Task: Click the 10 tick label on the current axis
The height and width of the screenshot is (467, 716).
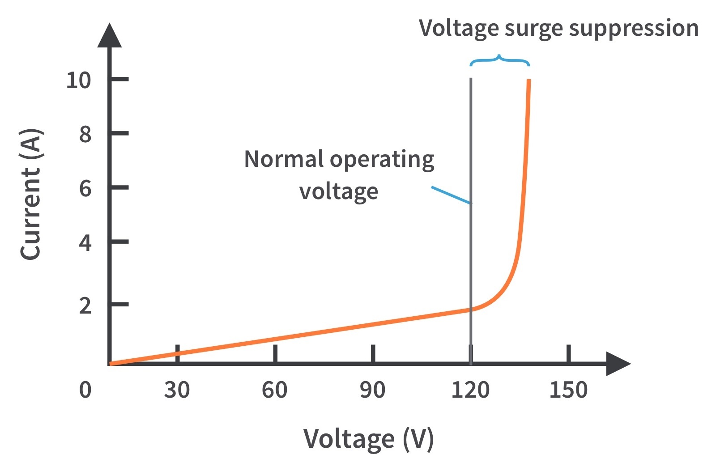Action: [78, 81]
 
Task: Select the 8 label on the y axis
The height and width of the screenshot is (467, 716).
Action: [85, 134]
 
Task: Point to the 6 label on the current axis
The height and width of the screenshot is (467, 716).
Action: [85, 188]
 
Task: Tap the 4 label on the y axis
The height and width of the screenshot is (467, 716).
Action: [85, 242]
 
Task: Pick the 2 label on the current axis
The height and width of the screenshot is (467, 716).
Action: [85, 306]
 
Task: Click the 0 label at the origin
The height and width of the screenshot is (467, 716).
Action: [85, 390]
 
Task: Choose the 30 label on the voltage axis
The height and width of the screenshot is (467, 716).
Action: [177, 390]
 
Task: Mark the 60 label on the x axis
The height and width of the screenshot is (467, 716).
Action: [274, 390]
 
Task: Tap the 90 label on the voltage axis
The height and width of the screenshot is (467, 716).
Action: [372, 390]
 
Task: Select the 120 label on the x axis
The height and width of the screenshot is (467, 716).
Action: [470, 390]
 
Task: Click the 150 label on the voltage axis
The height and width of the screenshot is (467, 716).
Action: [568, 390]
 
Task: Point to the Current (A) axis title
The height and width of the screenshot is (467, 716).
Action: [31, 194]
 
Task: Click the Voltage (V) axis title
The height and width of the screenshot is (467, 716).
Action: [368, 439]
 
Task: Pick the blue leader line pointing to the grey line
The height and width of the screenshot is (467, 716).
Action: [451, 195]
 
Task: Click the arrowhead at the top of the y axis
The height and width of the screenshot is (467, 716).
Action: [110, 36]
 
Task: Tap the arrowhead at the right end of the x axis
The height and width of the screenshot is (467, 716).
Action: [618, 364]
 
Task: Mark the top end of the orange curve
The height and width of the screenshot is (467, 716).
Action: [529, 81]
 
